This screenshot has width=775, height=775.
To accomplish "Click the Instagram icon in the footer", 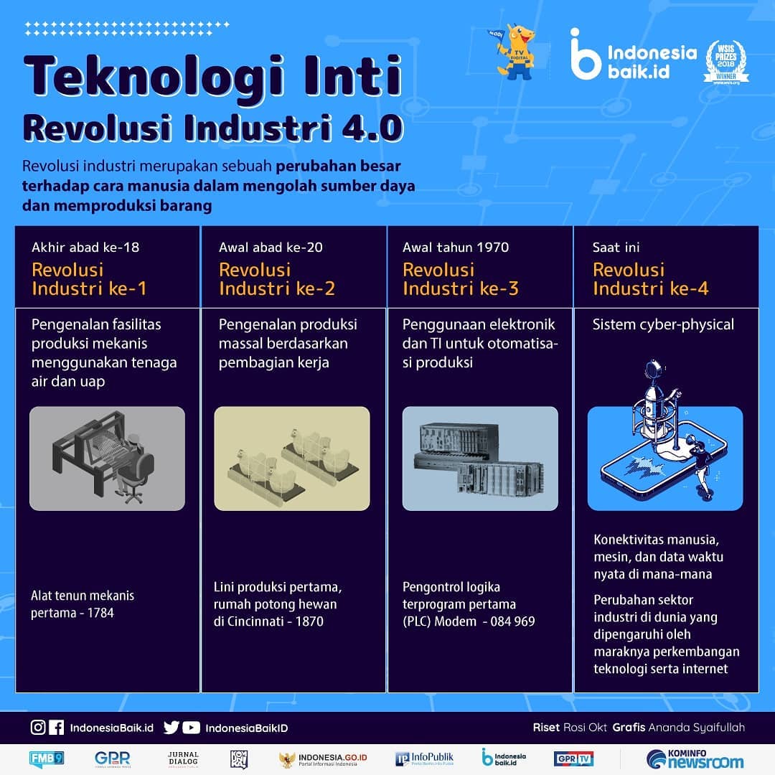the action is point(38,727).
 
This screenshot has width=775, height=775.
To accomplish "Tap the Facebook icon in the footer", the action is point(57,727).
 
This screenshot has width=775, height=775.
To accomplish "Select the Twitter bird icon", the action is point(171,728).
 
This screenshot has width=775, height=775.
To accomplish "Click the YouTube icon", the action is point(192,728).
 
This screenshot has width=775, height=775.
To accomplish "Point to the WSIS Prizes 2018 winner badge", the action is point(726,62).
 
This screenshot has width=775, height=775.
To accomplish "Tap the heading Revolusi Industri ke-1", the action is point(89,278).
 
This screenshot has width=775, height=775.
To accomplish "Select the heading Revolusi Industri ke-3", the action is point(460,278).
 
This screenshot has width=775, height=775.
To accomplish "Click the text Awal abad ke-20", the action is point(271,247).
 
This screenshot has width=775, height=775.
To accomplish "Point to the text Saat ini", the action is point(616,247).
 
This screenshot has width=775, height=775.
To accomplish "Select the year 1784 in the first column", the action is point(100,613).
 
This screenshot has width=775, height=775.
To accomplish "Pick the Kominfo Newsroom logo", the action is point(695,758).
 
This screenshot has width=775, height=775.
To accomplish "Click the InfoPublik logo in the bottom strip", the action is point(424,758).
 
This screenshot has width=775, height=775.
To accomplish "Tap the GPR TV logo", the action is point(573,758).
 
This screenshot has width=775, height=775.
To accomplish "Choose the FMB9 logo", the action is point(47,758).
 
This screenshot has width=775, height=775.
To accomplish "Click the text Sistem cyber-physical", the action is point(663,324).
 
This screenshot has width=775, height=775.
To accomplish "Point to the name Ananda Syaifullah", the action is point(696,728).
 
